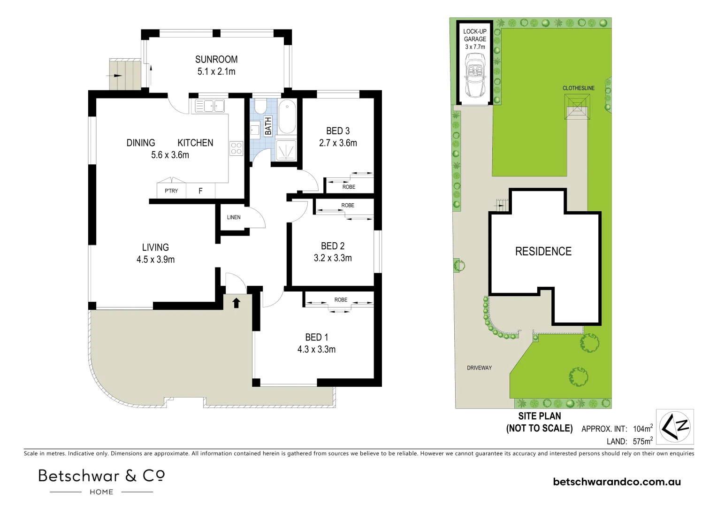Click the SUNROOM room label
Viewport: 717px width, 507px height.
point(216,60)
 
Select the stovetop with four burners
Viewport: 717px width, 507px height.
point(236,149)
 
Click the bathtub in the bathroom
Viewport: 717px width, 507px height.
point(287,118)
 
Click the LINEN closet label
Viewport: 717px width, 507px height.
point(234,217)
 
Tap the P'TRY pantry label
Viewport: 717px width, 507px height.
point(171,191)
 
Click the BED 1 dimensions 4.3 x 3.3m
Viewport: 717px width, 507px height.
point(316,349)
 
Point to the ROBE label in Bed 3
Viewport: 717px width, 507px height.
point(349,187)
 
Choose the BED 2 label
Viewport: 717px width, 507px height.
point(333,246)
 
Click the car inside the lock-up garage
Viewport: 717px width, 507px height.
point(475,75)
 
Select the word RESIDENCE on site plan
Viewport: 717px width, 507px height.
point(543,252)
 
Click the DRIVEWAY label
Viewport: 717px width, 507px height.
point(479,368)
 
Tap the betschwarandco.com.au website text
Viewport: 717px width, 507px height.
point(617,482)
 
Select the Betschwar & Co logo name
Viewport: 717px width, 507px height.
point(101,476)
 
